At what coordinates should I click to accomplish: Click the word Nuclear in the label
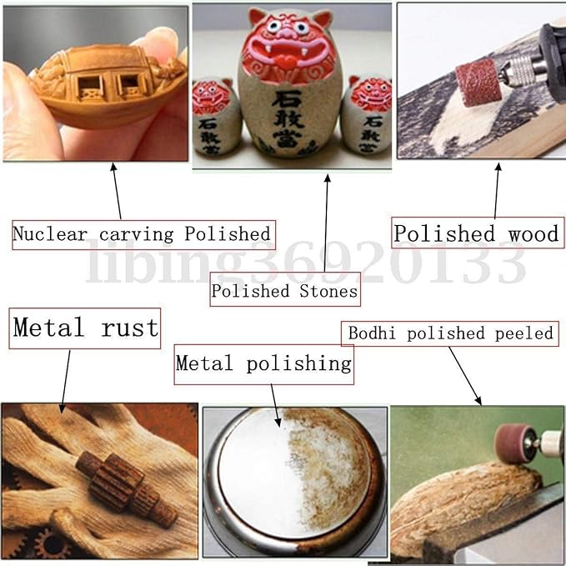[50, 234]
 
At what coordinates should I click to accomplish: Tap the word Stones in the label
[328, 291]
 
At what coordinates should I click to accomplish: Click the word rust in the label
[129, 328]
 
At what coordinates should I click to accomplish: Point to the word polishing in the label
[299, 363]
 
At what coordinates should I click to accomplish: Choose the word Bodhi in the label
[372, 333]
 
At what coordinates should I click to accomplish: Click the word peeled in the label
[523, 333]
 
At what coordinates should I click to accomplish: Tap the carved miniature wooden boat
[108, 87]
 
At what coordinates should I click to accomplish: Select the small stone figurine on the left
[216, 116]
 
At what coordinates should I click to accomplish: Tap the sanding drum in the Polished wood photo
[478, 83]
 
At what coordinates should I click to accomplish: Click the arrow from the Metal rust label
[66, 381]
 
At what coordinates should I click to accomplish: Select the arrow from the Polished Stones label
[326, 223]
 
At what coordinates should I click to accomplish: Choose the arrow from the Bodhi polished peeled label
[465, 376]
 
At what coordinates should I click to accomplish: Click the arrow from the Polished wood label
[497, 191]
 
